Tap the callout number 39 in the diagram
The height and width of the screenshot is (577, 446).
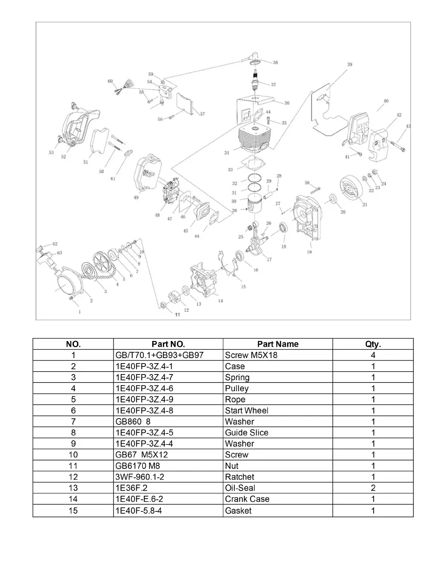click(349, 64)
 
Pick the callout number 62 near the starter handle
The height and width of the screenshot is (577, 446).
click(55, 244)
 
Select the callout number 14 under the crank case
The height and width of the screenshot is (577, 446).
click(220, 301)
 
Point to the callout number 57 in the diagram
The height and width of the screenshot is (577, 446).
click(202, 114)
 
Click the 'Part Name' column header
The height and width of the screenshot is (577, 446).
click(278, 344)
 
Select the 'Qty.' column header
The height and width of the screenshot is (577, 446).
click(373, 344)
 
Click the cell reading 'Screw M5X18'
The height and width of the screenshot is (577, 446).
click(251, 355)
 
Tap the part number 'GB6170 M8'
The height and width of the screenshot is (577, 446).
click(138, 466)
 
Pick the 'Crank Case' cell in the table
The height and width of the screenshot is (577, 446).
click(247, 499)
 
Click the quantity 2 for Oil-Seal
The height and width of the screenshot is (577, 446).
click(373, 488)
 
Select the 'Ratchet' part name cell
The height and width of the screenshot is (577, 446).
click(239, 477)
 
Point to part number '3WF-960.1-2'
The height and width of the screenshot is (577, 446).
click(140, 477)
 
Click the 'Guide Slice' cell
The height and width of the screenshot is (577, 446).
click(247, 433)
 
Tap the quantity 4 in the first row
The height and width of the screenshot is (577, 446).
click(373, 355)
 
